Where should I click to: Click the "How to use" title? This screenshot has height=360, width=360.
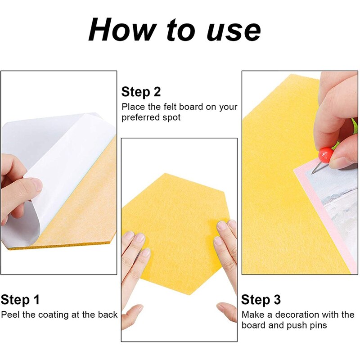pos(174,30)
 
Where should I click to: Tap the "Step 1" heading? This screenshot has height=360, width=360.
pos(20,300)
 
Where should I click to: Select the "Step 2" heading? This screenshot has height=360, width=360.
pos(141,92)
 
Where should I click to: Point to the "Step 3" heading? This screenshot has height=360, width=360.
pos(261,300)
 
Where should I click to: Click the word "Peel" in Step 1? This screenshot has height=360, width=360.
pos(10,315)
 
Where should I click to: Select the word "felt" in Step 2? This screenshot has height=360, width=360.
pos(170,107)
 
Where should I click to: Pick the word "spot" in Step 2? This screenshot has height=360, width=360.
pos(171,117)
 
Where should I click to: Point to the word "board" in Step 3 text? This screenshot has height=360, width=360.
pos(253,325)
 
